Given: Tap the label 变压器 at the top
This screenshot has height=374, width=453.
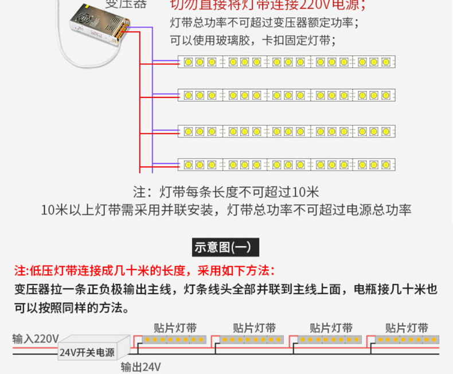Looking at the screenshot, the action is coord(125,5).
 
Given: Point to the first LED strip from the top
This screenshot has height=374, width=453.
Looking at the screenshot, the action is coord(287,62).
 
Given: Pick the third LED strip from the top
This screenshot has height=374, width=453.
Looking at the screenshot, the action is coord(287,132).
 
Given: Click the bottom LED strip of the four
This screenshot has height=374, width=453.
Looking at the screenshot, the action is coord(287,165).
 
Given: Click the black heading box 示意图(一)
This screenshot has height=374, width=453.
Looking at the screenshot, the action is coord(226,247).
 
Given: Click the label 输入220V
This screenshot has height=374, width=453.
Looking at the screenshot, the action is coord(35,338).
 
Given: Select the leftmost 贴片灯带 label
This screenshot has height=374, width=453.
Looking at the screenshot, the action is coord(175,328).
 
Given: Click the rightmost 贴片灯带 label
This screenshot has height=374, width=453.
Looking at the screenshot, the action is coord(407,328).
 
